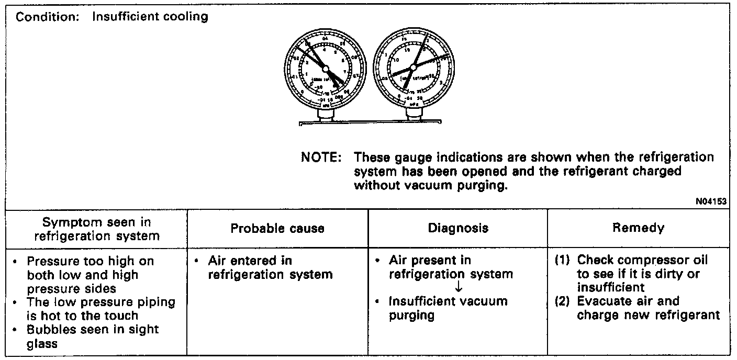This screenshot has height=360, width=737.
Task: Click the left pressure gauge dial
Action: click(x=324, y=69)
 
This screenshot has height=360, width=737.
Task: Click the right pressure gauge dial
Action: click(x=414, y=66)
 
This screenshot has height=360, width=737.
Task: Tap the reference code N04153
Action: click(x=711, y=201)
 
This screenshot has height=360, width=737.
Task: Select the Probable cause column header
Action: click(x=277, y=228)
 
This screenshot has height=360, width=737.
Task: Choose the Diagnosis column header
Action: click(x=458, y=228)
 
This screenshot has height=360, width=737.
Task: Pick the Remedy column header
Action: click(x=638, y=228)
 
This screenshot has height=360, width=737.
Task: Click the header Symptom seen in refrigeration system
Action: click(x=97, y=229)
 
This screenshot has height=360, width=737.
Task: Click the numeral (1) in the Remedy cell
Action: click(x=563, y=260)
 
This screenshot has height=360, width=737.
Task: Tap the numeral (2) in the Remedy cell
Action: click(x=563, y=301)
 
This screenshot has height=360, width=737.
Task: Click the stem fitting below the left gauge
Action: click(x=325, y=115)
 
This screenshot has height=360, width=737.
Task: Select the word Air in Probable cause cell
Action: click(x=216, y=260)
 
